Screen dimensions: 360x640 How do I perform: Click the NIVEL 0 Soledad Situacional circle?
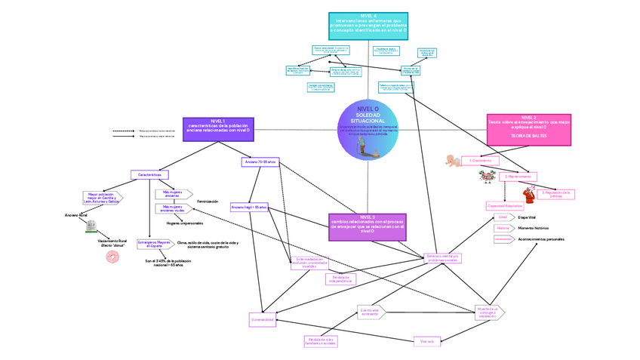click(368, 129)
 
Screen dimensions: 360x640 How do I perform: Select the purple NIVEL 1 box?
click(217, 127)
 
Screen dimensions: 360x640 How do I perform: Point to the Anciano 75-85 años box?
click(260, 162)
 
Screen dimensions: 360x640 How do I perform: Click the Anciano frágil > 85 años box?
click(250, 207)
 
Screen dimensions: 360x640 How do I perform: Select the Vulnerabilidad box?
click(262, 321)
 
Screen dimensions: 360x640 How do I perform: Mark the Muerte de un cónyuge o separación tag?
click(488, 312)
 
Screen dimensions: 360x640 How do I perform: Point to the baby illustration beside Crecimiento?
click(454, 160)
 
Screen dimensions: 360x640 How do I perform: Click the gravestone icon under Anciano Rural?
click(92, 226)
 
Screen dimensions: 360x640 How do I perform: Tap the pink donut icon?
click(113, 257)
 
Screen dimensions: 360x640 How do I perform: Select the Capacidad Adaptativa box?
click(503, 205)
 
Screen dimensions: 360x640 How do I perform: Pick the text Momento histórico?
click(533, 228)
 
